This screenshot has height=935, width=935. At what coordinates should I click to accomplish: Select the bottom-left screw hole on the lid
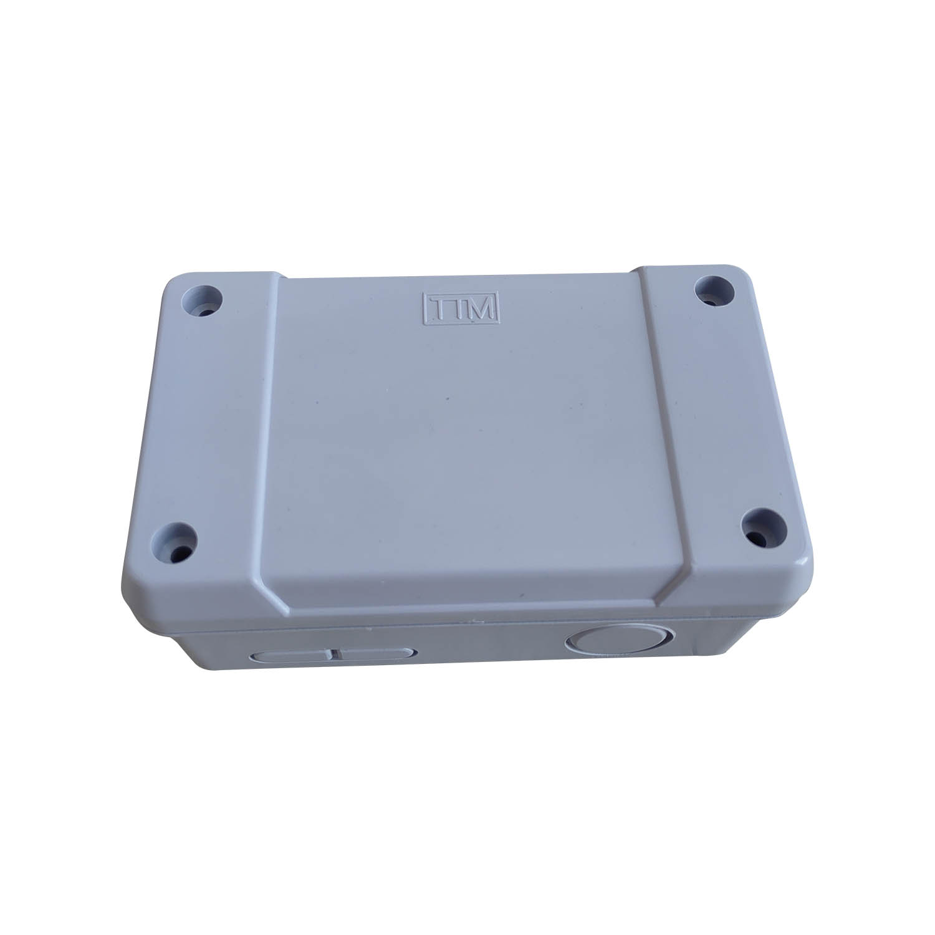176,541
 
